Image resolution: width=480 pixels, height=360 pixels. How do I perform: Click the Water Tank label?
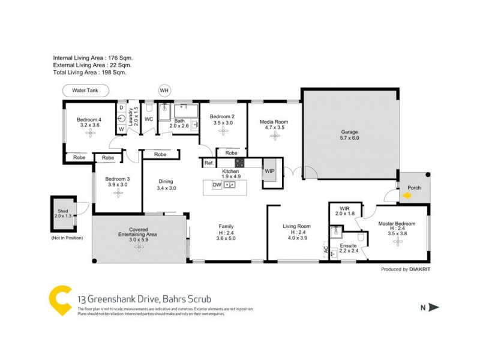85,91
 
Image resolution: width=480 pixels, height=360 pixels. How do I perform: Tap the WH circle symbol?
164,91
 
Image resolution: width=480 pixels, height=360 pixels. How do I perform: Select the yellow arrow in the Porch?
407,195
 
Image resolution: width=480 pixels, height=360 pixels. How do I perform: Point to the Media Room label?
274,122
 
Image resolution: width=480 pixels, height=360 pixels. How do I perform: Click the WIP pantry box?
270,170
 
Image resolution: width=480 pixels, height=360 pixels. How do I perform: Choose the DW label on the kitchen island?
217,185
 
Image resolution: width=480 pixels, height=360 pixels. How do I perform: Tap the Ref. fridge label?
209,163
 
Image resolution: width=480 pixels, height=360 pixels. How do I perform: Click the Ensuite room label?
349,246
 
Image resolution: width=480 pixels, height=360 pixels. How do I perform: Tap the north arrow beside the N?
434,308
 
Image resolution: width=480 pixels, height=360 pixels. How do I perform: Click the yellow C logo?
59,298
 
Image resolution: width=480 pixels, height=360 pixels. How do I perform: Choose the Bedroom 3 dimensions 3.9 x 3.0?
117,185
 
